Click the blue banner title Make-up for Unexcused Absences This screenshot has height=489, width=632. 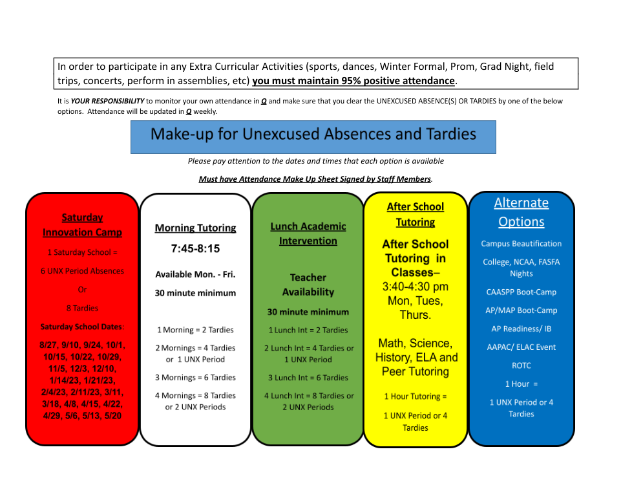click(313, 135)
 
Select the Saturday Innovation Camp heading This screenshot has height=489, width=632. click(82, 225)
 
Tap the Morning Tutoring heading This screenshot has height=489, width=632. click(195, 228)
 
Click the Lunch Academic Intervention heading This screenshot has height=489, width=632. click(308, 234)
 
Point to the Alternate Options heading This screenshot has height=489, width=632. click(521, 212)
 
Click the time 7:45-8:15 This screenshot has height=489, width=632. click(195, 248)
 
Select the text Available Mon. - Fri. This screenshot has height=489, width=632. click(195, 274)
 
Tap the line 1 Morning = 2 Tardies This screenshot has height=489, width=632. click(195, 330)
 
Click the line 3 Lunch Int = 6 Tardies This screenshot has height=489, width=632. click(308, 378)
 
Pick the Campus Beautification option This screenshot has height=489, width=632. click(521, 244)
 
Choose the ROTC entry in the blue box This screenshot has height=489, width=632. click(521, 365)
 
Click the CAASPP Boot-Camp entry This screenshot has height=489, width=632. click(521, 292)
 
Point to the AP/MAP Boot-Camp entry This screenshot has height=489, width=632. click(521, 310)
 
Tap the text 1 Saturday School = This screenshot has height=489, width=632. click(82, 252)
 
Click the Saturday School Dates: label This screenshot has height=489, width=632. click(82, 327)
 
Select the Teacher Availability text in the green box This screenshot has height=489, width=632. click(308, 285)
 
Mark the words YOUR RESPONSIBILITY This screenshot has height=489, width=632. click(107, 101)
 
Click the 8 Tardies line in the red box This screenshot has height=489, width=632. click(82, 308)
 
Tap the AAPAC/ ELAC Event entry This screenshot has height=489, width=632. click(521, 347)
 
